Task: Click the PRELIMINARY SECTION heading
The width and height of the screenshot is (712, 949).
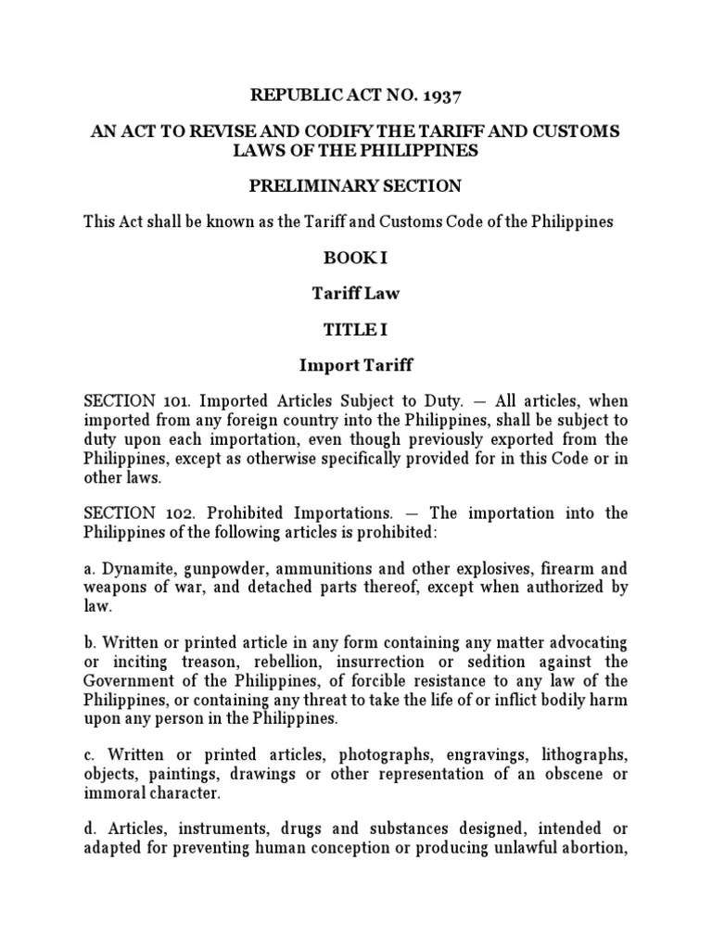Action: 355,186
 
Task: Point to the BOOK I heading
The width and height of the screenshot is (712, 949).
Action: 355,258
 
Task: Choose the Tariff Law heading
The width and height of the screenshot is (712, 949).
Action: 355,294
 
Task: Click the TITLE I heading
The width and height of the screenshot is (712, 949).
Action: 355,330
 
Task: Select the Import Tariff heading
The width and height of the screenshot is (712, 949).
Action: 355,366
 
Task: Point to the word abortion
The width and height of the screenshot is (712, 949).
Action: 589,846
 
